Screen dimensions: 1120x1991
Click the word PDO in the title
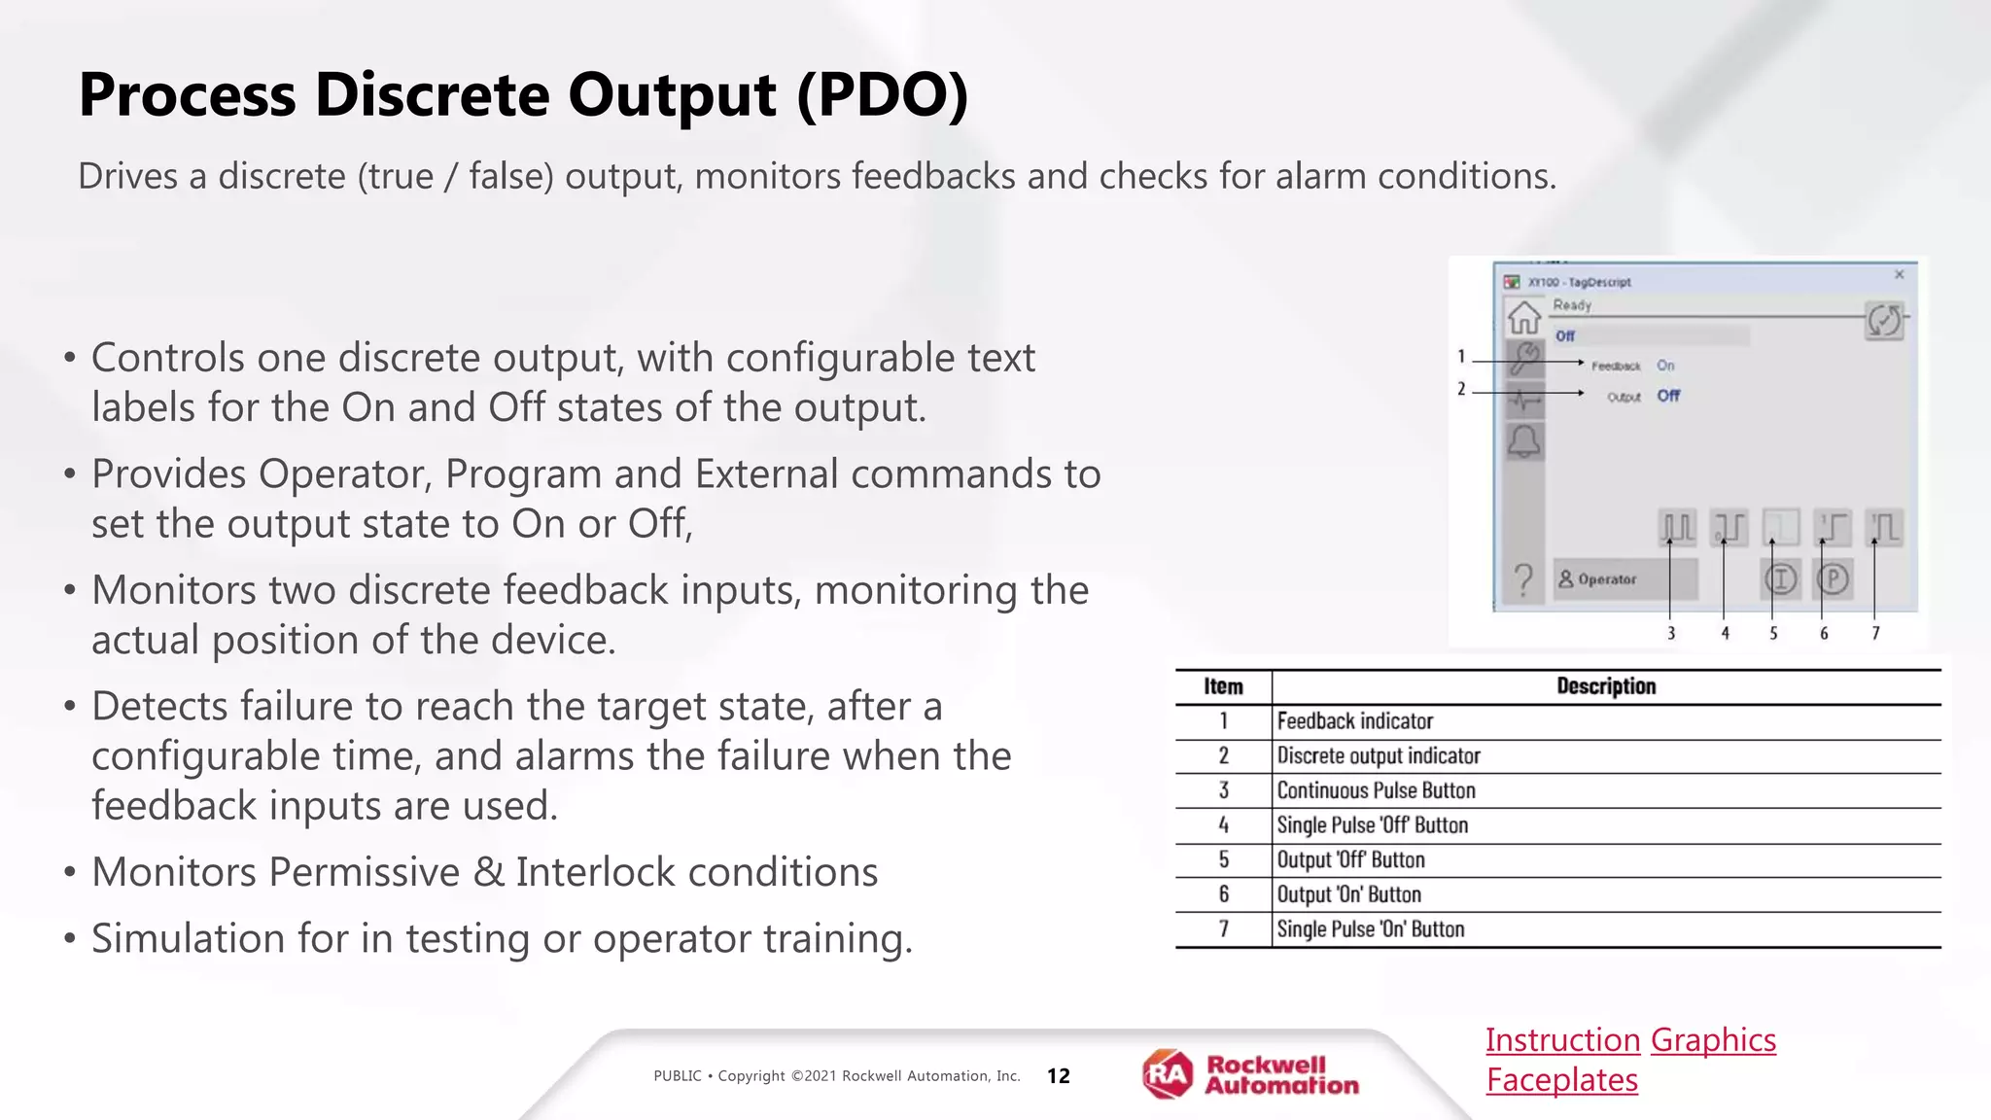pyautogui.click(x=882, y=95)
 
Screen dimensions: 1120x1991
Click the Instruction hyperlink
pyautogui.click(x=1562, y=1040)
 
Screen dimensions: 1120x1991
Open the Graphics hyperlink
pyautogui.click(x=1713, y=1040)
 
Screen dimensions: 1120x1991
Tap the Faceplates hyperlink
pyautogui.click(x=1561, y=1080)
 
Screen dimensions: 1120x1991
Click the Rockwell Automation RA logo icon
pyautogui.click(x=1167, y=1074)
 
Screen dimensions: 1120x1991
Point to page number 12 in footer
pyautogui.click(x=1058, y=1076)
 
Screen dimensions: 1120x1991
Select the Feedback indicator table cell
pyautogui.click(x=1354, y=721)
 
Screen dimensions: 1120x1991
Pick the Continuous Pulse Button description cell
pyautogui.click(x=1376, y=790)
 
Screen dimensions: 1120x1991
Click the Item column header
pyautogui.click(x=1223, y=686)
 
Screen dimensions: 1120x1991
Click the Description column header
pyautogui.click(x=1605, y=686)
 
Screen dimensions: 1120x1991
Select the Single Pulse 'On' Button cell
pyautogui.click(x=1370, y=929)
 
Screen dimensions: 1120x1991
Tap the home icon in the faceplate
pyautogui.click(x=1523, y=317)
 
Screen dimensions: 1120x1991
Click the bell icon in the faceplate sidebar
pyautogui.click(x=1523, y=441)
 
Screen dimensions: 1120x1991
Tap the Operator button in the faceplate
pyautogui.click(x=1624, y=579)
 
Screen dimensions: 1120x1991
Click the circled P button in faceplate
pyautogui.click(x=1833, y=579)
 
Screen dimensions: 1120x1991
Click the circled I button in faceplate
pyautogui.click(x=1780, y=579)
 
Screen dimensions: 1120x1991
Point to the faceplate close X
pyautogui.click(x=1899, y=275)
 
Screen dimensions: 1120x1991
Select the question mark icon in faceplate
pyautogui.click(x=1523, y=580)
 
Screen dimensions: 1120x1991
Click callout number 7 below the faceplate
pyautogui.click(x=1875, y=633)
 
